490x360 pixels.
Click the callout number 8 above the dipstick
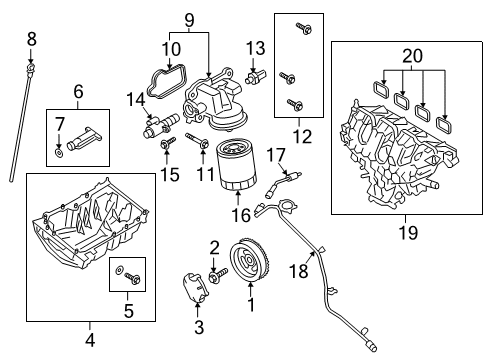coord(31,38)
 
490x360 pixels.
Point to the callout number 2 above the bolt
coord(213,247)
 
